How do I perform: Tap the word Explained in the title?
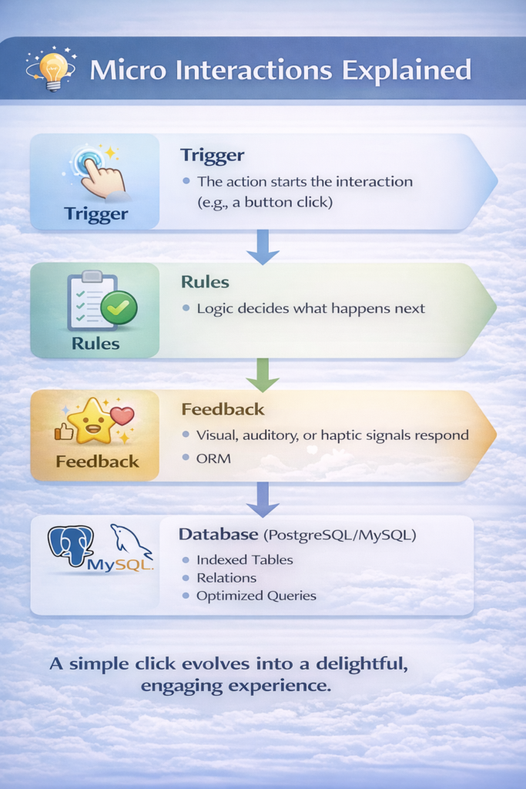pyautogui.click(x=407, y=70)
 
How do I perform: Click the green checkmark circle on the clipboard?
pyautogui.click(x=119, y=308)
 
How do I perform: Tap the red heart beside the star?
pyautogui.click(x=122, y=416)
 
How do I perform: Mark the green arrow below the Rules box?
pyautogui.click(x=263, y=376)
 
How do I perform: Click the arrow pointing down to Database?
pyautogui.click(x=263, y=501)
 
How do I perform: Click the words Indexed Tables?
pyautogui.click(x=244, y=560)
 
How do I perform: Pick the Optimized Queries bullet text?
pyautogui.click(x=256, y=596)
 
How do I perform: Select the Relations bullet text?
pyautogui.click(x=226, y=578)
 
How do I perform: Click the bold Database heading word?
pyautogui.click(x=218, y=534)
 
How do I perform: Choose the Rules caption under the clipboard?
pyautogui.click(x=95, y=344)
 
